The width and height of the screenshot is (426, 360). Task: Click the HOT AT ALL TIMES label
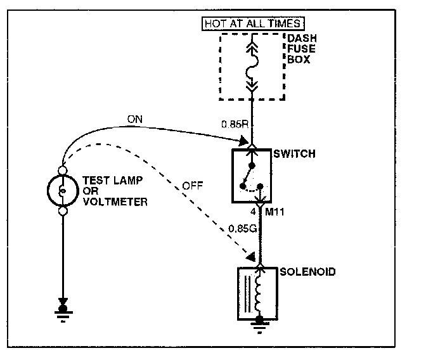coord(252,25)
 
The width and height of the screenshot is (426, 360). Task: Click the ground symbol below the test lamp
coord(63,312)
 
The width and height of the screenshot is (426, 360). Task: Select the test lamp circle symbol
coord(63,190)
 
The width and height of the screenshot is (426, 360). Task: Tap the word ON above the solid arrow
coord(135,119)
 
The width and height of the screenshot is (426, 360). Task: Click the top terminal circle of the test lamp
coord(63,169)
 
